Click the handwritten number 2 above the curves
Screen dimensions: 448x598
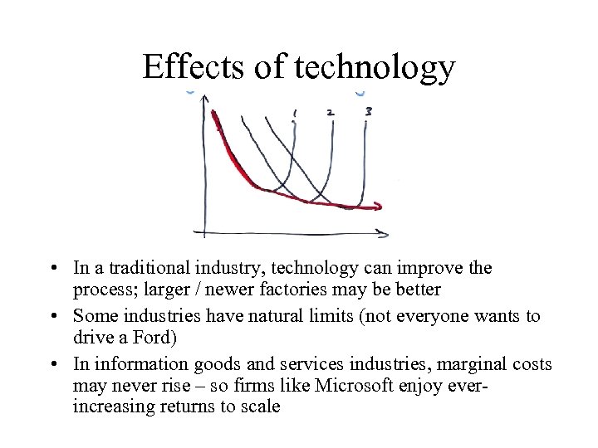click(331, 111)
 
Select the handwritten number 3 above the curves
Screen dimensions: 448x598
click(367, 110)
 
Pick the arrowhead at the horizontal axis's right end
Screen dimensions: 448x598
click(381, 233)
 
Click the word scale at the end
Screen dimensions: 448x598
click(259, 407)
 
